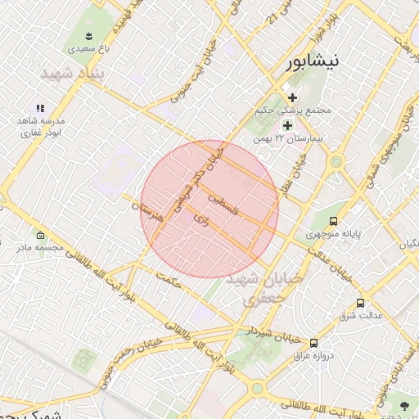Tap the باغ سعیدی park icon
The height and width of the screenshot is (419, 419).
click(x=88, y=35)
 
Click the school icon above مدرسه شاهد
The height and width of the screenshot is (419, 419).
click(x=40, y=108)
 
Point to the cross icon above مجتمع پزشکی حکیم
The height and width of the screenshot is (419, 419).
click(x=292, y=97)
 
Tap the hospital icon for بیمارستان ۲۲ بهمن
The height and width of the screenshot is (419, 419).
click(x=287, y=125)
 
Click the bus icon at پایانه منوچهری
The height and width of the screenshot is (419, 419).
click(x=333, y=221)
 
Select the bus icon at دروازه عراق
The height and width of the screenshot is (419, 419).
click(x=314, y=343)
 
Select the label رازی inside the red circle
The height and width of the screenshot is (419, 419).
click(x=200, y=219)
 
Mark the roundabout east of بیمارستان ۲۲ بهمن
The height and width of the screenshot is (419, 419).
click(x=335, y=162)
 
